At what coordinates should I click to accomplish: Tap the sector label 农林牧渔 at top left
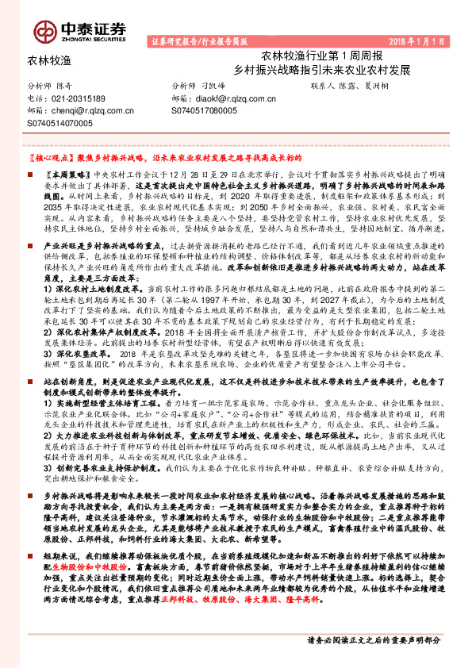[50, 60]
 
